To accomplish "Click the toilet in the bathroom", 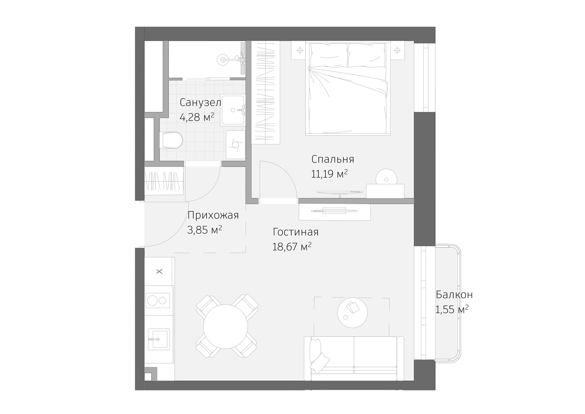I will pos(173,140).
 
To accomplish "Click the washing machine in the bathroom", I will pos(236,145).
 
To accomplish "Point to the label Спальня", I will pos(333,159).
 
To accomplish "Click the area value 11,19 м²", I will pos(329,174).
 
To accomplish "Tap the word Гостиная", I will pos(296,232).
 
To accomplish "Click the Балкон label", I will pos(454,295).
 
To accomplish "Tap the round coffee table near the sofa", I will pos(352,313).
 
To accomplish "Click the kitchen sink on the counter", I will pos(160,339).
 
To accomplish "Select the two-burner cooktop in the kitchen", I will pos(157,301).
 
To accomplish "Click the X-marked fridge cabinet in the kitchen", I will pos(159,271).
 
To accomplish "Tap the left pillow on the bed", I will pos(329,55).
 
